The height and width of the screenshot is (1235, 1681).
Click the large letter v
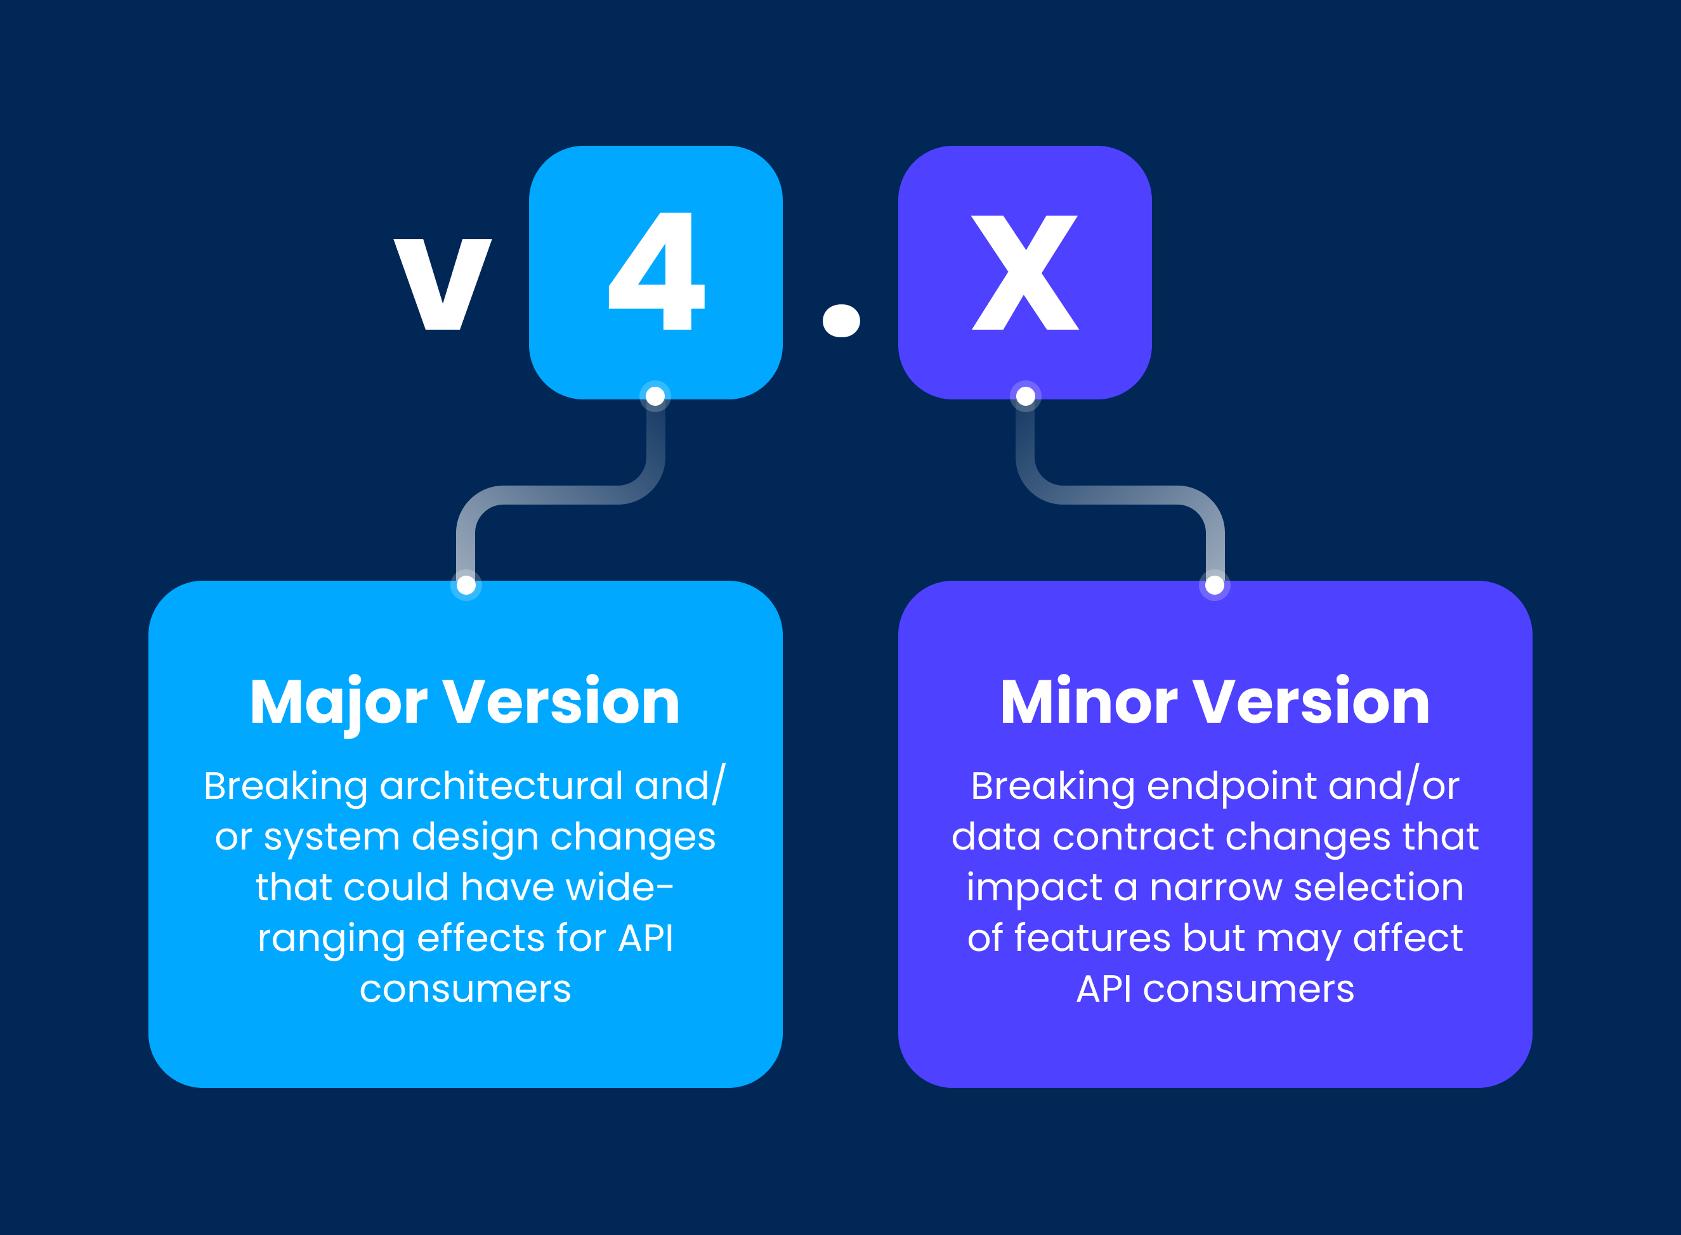coord(443,284)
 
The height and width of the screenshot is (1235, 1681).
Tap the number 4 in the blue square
coord(657,271)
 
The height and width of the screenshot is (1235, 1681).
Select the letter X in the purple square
coord(1025,272)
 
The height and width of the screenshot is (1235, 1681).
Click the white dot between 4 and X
coord(841,321)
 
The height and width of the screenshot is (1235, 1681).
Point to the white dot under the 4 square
coord(656,396)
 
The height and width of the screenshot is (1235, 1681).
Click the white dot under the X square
coord(1026,396)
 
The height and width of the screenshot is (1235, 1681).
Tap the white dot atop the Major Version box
coord(466,585)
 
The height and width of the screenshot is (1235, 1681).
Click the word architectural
coord(501,786)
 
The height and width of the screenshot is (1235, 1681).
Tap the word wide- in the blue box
coord(620,888)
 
